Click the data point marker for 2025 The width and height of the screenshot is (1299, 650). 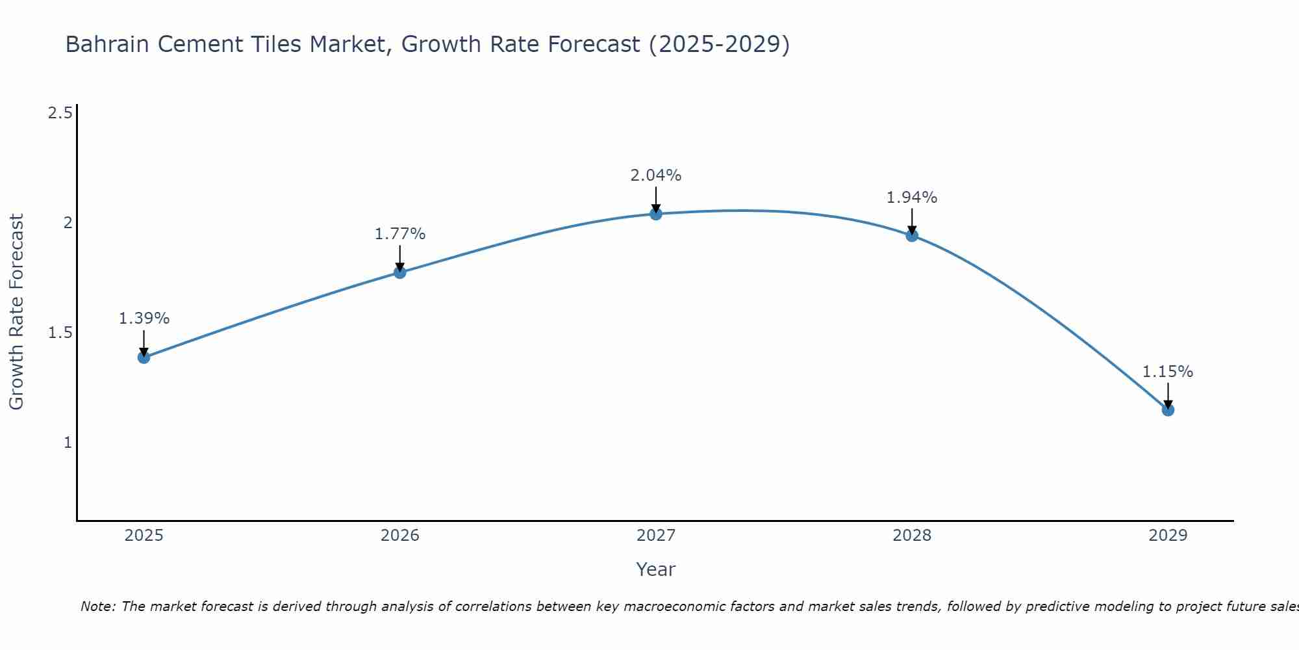(x=144, y=357)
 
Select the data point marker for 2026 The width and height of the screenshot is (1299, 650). (x=400, y=272)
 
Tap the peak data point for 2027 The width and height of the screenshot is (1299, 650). (x=656, y=214)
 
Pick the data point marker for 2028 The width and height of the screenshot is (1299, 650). (x=912, y=235)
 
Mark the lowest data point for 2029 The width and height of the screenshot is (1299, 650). (x=1168, y=409)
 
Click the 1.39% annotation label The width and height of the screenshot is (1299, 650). (x=144, y=318)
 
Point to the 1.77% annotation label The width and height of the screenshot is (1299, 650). (x=400, y=234)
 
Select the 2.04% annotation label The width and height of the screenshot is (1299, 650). (x=656, y=175)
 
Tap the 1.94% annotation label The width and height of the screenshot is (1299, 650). (x=912, y=198)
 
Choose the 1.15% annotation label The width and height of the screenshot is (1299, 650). (x=1168, y=372)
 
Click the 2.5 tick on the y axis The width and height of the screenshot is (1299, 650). (x=60, y=113)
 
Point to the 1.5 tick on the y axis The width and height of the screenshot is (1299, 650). (x=60, y=333)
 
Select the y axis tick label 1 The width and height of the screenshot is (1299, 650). (x=67, y=443)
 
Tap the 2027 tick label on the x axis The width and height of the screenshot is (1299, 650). (x=656, y=536)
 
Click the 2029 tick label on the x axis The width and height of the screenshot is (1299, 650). (x=1168, y=536)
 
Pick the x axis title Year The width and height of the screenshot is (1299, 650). (x=656, y=569)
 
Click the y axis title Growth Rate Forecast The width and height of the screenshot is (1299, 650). (x=17, y=312)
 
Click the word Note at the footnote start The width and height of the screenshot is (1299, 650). (x=97, y=606)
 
